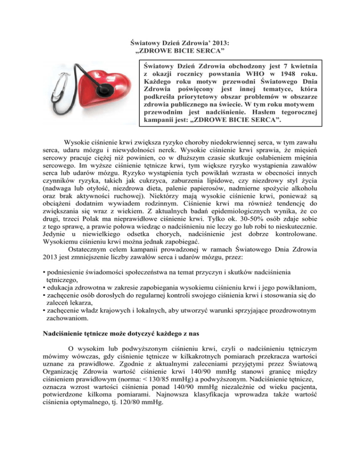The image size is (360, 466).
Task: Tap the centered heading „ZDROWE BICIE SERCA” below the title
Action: [180, 50]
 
